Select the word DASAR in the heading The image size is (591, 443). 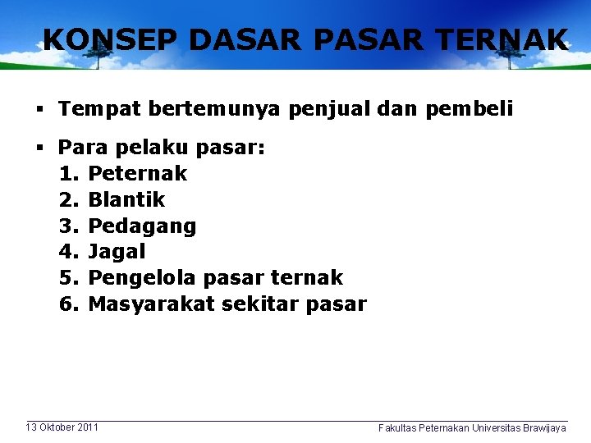[216, 39]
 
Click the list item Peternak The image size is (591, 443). [137, 173]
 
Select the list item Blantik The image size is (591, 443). [126, 199]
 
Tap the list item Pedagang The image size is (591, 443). [142, 226]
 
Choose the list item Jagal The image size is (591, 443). [117, 252]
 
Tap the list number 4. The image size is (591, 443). [67, 252]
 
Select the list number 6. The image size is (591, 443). [67, 304]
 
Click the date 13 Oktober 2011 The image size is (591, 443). [62, 427]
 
